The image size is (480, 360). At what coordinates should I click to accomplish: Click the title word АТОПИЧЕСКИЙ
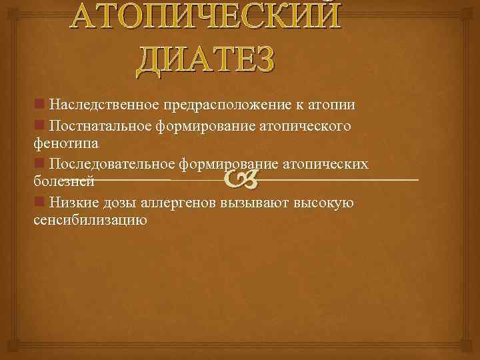tap(207, 16)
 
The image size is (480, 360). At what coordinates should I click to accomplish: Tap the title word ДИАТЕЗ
tap(205, 58)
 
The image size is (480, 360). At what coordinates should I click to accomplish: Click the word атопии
tap(330, 105)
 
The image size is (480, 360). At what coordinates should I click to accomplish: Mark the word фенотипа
tap(66, 143)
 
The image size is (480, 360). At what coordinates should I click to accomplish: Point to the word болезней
tap(63, 181)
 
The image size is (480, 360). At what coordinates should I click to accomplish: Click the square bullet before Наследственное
tap(39, 105)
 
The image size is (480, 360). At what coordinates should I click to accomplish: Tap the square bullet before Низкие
tap(39, 202)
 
